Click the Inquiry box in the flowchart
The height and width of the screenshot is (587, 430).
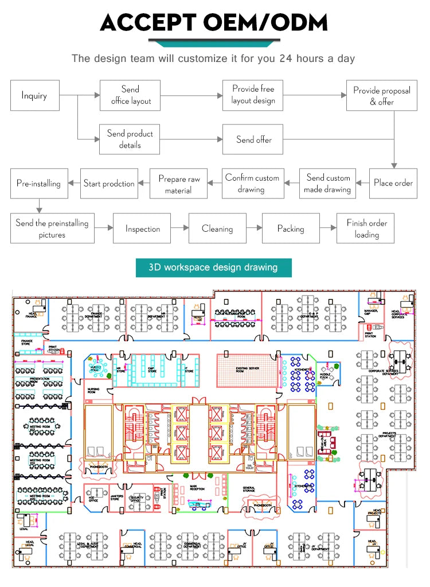pos(34,96)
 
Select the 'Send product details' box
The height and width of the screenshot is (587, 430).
pos(130,139)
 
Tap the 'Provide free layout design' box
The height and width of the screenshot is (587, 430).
pos(253,95)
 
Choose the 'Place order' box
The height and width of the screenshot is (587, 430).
pos(393,183)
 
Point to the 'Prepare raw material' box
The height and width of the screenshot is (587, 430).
pos(178,184)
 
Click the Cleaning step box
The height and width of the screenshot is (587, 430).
pos(217,228)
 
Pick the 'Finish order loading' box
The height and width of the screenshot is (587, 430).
pos(366,228)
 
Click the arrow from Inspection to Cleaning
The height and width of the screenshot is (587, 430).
pos(179,228)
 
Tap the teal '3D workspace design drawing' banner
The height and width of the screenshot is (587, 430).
pos(213,267)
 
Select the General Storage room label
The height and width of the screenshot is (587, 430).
pos(248,489)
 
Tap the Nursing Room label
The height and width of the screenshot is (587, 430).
pos(93,390)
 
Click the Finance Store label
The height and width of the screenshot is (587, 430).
pos(27,342)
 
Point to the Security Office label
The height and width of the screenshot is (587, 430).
pos(136,499)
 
